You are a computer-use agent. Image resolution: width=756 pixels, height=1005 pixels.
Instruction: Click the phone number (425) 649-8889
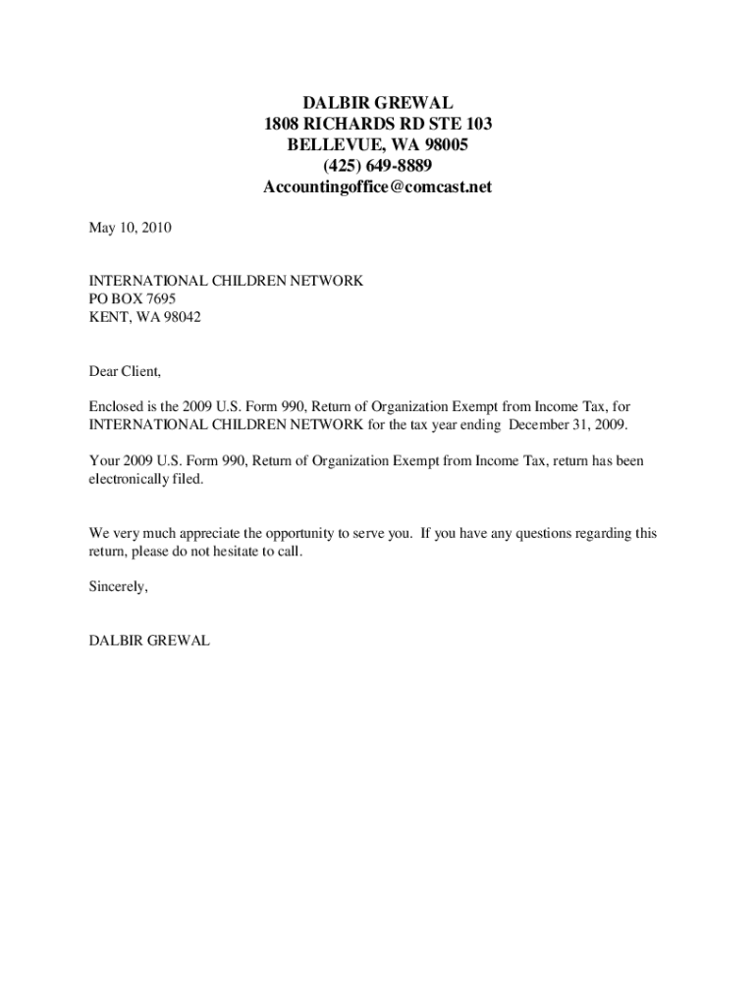377,166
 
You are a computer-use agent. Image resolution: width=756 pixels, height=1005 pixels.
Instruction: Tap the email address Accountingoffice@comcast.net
377,186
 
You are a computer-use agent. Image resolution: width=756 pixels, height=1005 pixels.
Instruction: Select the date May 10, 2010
131,228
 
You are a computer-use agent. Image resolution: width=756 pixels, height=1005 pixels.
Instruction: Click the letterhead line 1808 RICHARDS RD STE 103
377,124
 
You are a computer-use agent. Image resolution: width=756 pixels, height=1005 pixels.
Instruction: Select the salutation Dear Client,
125,371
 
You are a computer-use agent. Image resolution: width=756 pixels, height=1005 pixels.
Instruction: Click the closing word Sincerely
118,587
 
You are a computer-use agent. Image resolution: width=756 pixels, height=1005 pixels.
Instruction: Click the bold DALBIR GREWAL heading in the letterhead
377,102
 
